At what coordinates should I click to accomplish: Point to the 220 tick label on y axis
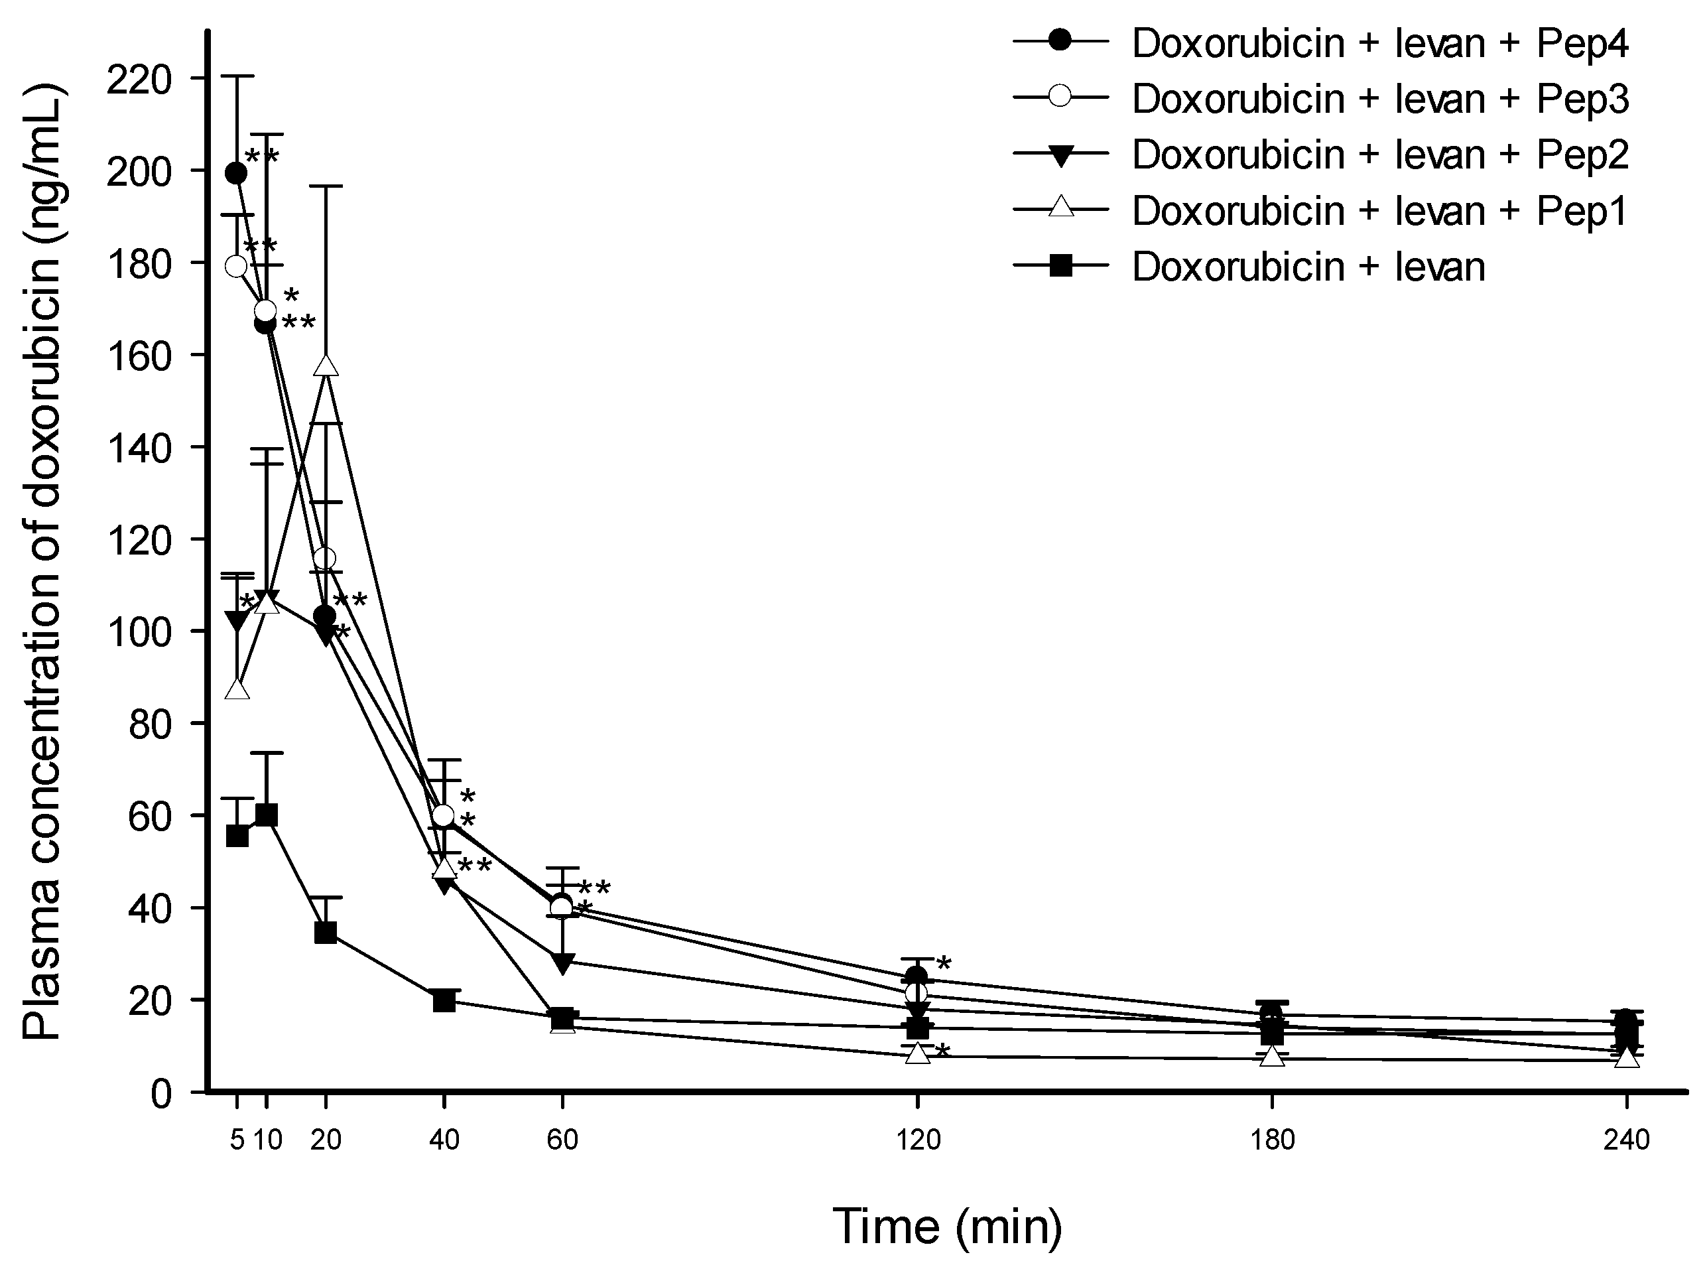(x=139, y=79)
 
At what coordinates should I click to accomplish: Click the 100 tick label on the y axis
(x=139, y=632)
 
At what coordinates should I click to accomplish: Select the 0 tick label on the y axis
(x=160, y=1093)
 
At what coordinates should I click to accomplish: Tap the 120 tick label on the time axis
(x=917, y=1140)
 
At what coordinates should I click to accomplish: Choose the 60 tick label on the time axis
(x=562, y=1140)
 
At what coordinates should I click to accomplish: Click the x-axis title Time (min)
(x=947, y=1226)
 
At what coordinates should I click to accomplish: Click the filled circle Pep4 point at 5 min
(x=237, y=174)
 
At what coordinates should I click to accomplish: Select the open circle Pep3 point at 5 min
(x=237, y=266)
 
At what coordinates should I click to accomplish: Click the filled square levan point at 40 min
(x=444, y=1001)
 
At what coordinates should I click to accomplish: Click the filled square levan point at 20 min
(x=326, y=933)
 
